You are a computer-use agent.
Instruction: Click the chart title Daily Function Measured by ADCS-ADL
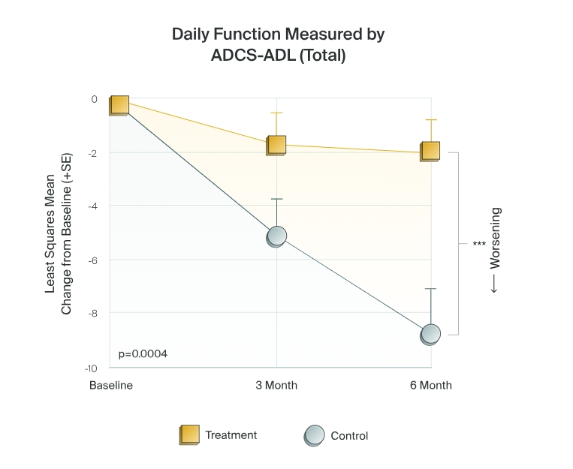coord(278,44)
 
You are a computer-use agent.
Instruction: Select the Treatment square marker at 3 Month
coord(276,146)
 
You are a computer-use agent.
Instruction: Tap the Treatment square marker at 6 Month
coord(430,152)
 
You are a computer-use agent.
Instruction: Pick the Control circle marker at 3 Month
coord(276,236)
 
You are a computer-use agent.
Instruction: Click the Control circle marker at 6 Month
coord(430,334)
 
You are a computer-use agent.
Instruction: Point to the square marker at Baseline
coord(119,105)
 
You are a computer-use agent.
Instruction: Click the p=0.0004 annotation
coord(143,353)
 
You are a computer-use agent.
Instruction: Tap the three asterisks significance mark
coord(479,243)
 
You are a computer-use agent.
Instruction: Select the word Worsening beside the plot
coord(495,238)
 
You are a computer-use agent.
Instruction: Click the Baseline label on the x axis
coord(111,386)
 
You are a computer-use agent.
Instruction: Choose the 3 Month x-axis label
coord(276,386)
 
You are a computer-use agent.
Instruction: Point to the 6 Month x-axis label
coord(431,386)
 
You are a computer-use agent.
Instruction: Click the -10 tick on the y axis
coord(91,368)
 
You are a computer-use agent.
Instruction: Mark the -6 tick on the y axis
coord(93,260)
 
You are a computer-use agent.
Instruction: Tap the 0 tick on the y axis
coord(95,99)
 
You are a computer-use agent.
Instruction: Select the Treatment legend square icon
coord(189,434)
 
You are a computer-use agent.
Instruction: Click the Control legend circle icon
coord(314,436)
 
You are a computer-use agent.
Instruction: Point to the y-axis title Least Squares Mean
coord(50,234)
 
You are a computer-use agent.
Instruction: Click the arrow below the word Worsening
coord(494,284)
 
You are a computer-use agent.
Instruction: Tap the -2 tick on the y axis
coord(93,153)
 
